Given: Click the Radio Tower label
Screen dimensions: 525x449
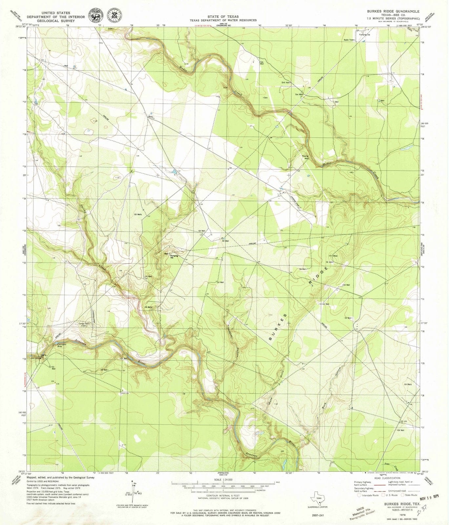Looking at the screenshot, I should (x=349, y=40).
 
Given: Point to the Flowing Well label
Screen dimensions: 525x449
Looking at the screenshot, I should (x=306, y=157).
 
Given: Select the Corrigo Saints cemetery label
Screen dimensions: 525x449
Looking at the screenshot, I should (x=84, y=324).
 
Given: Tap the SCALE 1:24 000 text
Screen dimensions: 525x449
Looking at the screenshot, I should (x=223, y=479).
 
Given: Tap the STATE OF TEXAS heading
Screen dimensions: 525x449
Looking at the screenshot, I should (x=223, y=16).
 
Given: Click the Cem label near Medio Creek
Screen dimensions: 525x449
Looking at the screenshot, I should (x=266, y=97).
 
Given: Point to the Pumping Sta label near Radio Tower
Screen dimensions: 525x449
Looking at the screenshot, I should (x=364, y=34).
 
